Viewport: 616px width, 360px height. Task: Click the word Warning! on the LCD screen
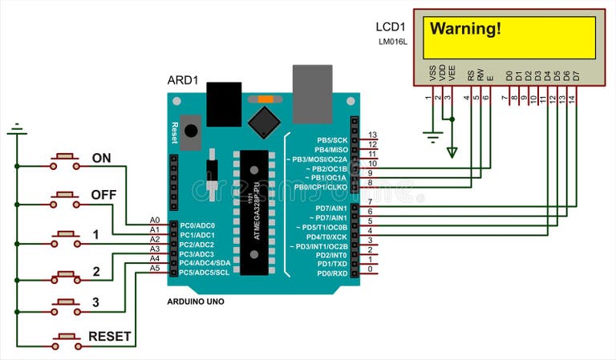point(466,30)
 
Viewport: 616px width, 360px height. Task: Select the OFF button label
point(103,195)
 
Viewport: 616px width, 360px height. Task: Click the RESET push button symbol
point(65,340)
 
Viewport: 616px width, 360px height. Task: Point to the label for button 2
point(96,272)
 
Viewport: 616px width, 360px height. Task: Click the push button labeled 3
point(65,306)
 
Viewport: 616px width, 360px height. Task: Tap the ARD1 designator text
point(182,81)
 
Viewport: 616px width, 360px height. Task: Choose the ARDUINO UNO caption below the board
point(196,301)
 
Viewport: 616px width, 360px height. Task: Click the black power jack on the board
point(224,100)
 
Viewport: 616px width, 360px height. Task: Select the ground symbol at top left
point(16,128)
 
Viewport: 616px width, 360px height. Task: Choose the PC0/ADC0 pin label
point(197,225)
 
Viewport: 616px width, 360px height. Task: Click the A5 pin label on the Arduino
point(155,269)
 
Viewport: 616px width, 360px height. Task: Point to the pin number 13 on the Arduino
point(371,135)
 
